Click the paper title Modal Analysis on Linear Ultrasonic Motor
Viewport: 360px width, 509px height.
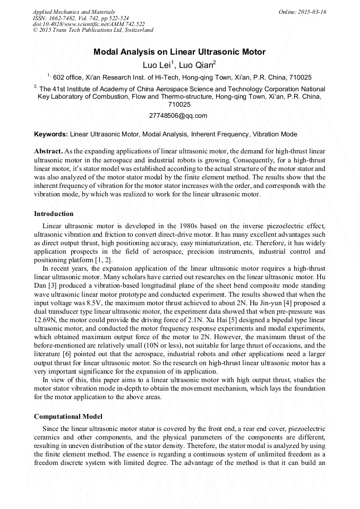[x=179, y=52]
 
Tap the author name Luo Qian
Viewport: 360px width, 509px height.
[x=196, y=65]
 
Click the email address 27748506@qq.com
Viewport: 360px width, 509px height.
[x=178, y=115]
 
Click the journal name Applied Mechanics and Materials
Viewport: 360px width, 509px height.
[x=74, y=12]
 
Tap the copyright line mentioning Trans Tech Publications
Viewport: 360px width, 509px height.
[x=93, y=30]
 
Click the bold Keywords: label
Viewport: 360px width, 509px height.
[x=51, y=134]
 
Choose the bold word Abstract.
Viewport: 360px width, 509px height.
[x=48, y=151]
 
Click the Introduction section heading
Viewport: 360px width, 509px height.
[x=54, y=214]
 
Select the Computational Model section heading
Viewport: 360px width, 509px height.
[x=68, y=416]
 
